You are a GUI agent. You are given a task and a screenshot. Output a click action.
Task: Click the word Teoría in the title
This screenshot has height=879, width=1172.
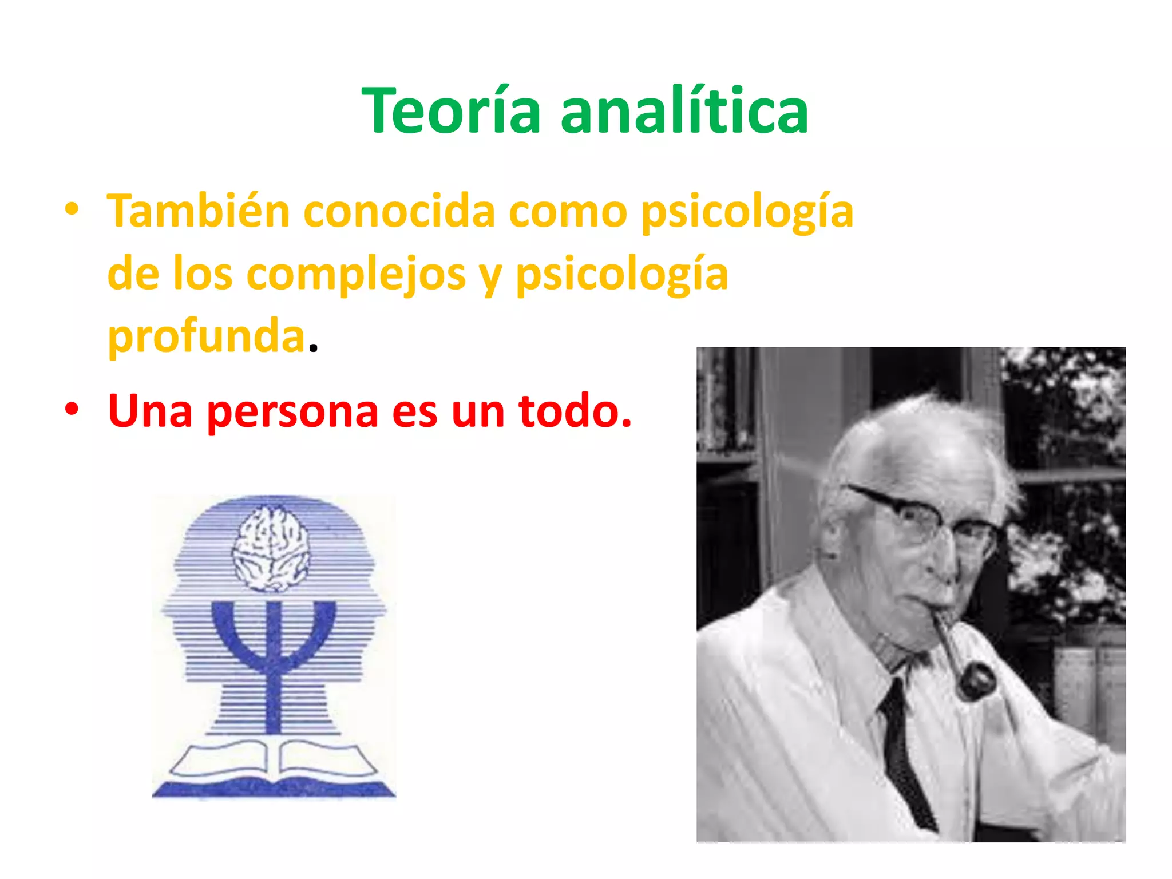(451, 111)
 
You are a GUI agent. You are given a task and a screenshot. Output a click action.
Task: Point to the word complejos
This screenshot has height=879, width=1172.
(356, 274)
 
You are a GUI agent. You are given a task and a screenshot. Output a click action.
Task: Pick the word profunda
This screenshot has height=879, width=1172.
(206, 336)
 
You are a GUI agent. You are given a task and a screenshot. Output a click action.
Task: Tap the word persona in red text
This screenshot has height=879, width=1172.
(292, 411)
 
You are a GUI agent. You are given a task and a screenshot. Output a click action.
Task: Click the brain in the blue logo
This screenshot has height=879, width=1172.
(271, 549)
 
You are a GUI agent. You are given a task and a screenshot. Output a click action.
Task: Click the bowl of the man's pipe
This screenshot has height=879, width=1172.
(976, 681)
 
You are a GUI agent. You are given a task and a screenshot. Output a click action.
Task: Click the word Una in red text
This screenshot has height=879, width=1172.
(150, 411)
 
